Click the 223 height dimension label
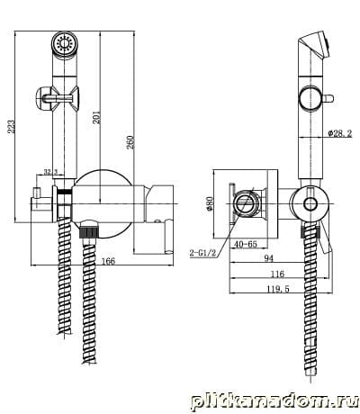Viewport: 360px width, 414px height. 11,127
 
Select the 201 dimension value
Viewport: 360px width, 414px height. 96,117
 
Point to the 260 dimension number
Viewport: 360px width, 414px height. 130,142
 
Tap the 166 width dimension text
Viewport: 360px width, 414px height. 108,261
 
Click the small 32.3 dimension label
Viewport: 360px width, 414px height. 50,172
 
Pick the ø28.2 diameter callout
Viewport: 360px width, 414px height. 340,133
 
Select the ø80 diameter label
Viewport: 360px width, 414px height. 210,203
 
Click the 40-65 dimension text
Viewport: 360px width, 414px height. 246,244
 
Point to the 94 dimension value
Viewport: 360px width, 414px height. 269,258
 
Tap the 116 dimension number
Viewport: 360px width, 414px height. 277,274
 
